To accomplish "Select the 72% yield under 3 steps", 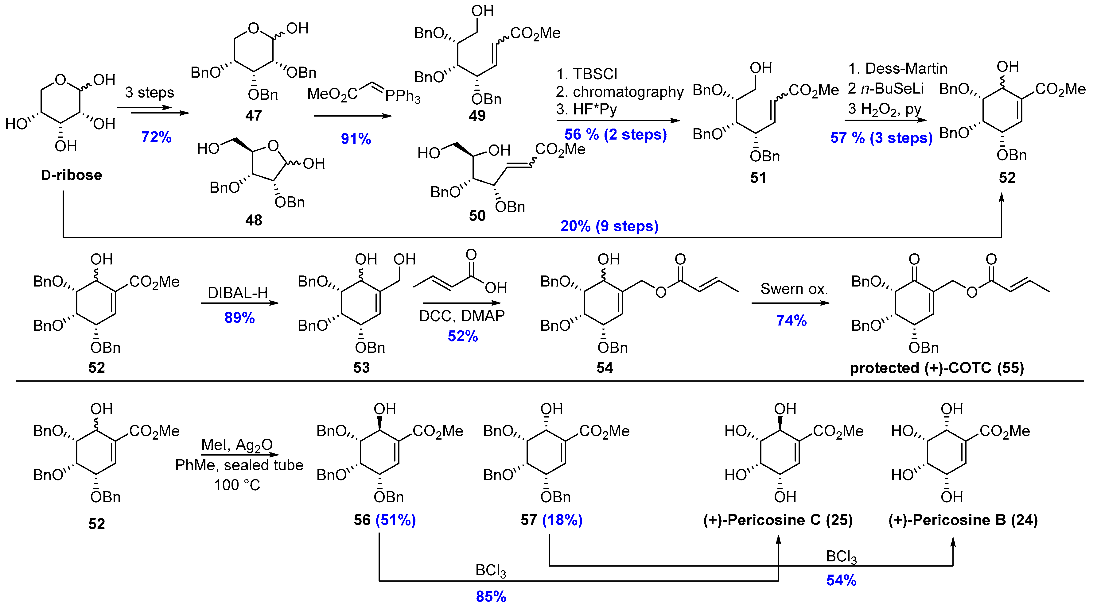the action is (x=156, y=137).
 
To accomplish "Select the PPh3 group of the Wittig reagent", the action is (x=403, y=97).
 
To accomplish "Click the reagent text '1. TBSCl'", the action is (x=586, y=74).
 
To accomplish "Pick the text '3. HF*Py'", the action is (x=586, y=110).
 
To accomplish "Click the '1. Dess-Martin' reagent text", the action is (x=898, y=68).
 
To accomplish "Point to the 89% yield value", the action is (x=239, y=318).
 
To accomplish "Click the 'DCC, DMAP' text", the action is (x=462, y=316).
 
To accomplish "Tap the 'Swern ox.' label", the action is (x=794, y=289).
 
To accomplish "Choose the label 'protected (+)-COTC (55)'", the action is (x=936, y=368).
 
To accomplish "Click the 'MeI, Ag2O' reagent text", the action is (x=237, y=445).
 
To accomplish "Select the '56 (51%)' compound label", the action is (x=384, y=520).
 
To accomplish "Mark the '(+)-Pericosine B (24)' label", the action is (x=963, y=520).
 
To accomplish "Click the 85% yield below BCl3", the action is (x=491, y=597).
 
